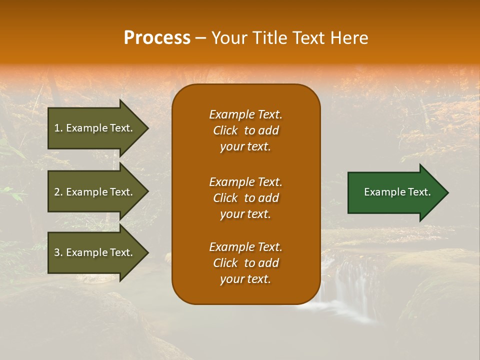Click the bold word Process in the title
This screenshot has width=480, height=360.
tap(157, 38)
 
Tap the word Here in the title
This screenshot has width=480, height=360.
tap(349, 38)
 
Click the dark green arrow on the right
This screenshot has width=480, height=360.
tap(395, 192)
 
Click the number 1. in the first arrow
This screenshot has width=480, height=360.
tap(58, 128)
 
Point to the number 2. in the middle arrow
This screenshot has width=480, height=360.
tap(58, 192)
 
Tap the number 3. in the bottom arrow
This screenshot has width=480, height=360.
tap(58, 252)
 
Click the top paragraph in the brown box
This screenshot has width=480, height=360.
tap(245, 130)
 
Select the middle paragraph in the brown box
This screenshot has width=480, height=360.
tap(245, 198)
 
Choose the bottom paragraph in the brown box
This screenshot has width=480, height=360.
tap(245, 263)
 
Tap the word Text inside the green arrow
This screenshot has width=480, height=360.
tap(419, 192)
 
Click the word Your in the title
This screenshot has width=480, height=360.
tap(227, 38)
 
